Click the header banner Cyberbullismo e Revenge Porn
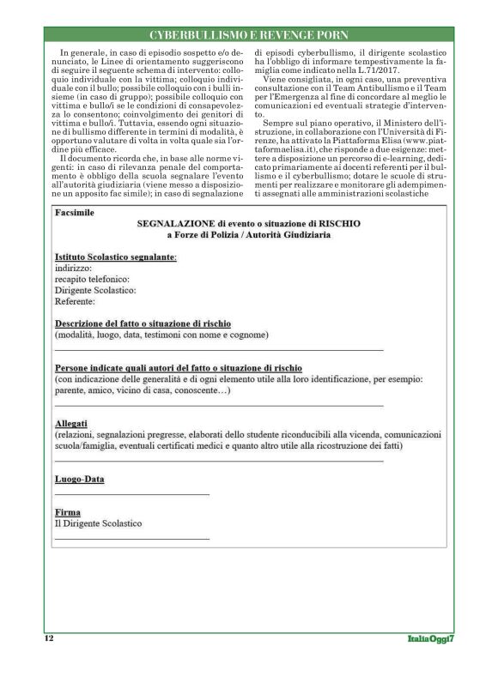[248, 35]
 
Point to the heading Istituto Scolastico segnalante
[115, 257]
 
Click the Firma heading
[67, 511]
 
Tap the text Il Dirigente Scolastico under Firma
[98, 523]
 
